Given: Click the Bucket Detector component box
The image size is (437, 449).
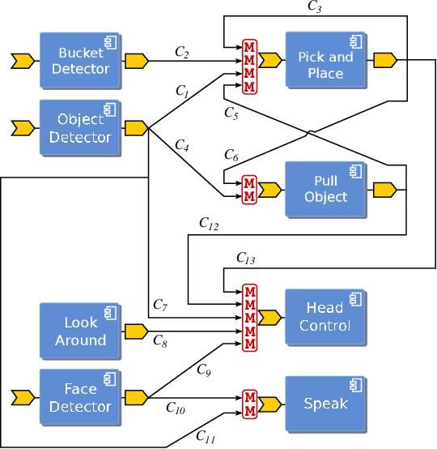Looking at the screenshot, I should click(x=80, y=61).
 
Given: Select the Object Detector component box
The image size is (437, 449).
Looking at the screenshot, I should click(x=80, y=127).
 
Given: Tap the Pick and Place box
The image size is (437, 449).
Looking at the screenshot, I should click(x=325, y=60).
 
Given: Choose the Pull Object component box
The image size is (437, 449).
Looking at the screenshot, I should click(x=325, y=189).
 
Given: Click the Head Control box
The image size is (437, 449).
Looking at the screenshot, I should click(x=325, y=316).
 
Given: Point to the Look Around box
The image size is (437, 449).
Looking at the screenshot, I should click(x=80, y=331).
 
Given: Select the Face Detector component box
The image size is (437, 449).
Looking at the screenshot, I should click(x=80, y=397).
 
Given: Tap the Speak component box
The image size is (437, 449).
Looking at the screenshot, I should click(x=325, y=403).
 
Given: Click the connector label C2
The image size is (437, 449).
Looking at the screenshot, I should click(x=182, y=52).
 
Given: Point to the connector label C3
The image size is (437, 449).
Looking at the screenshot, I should click(x=315, y=6).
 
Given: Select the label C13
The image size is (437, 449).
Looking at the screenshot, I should click(x=245, y=259).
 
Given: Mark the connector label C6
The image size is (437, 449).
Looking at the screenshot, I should click(x=231, y=155).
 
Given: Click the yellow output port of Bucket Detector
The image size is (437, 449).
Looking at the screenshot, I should click(x=136, y=61).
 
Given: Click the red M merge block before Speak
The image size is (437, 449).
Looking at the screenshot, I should click(x=249, y=403).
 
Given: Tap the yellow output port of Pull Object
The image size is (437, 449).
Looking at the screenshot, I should click(x=384, y=190).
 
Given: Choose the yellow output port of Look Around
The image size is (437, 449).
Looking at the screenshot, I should click(x=136, y=331).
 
